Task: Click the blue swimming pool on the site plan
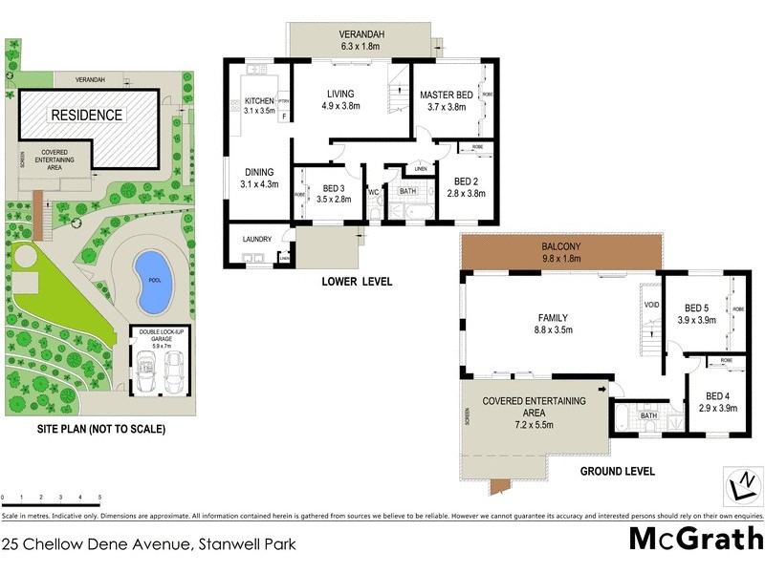(150, 281)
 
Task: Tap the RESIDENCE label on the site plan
(86, 115)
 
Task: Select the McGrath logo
(695, 539)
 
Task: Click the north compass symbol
(740, 486)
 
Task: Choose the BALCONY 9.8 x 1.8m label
(560, 252)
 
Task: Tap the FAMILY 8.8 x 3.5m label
(552, 324)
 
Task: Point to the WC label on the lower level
(374, 192)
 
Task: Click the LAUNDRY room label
(258, 239)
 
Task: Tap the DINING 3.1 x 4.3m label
(259, 178)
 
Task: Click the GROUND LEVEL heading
(617, 471)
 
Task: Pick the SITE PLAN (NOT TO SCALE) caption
(98, 430)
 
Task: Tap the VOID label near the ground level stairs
(651, 305)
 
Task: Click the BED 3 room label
(335, 193)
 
